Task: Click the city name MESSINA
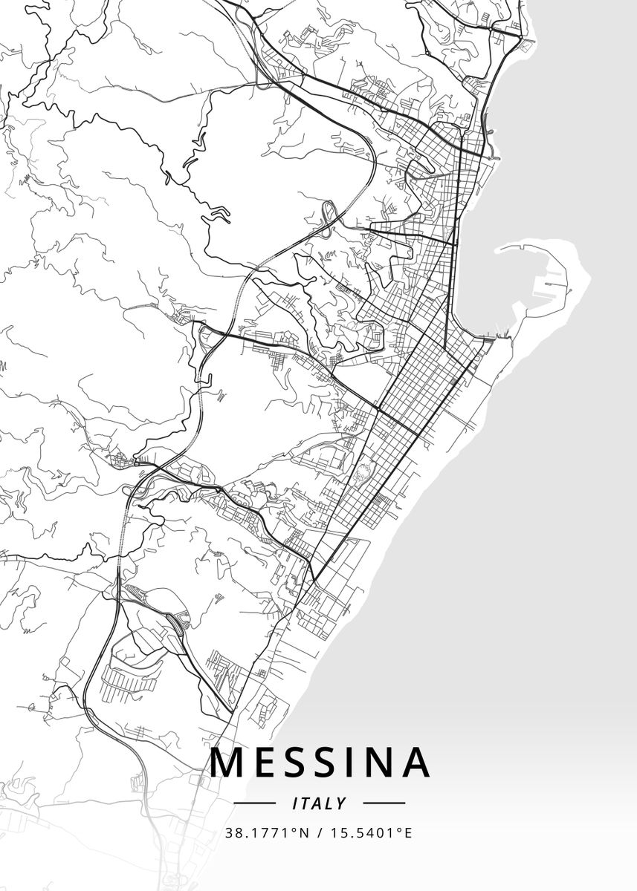pyautogui.click(x=320, y=762)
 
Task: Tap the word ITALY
pyautogui.click(x=320, y=803)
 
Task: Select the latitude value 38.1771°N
pyautogui.click(x=266, y=832)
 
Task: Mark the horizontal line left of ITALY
pyautogui.click(x=255, y=803)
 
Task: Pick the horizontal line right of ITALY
pyautogui.click(x=384, y=803)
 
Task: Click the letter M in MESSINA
pyautogui.click(x=227, y=762)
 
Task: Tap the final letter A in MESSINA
pyautogui.click(x=415, y=762)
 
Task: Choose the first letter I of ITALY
pyautogui.click(x=295, y=803)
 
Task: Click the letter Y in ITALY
pyautogui.click(x=341, y=803)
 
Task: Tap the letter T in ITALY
pyautogui.click(x=305, y=803)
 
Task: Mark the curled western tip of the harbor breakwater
pyautogui.click(x=499, y=249)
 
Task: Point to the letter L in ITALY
pyautogui.click(x=329, y=803)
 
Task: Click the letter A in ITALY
pyautogui.click(x=317, y=803)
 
